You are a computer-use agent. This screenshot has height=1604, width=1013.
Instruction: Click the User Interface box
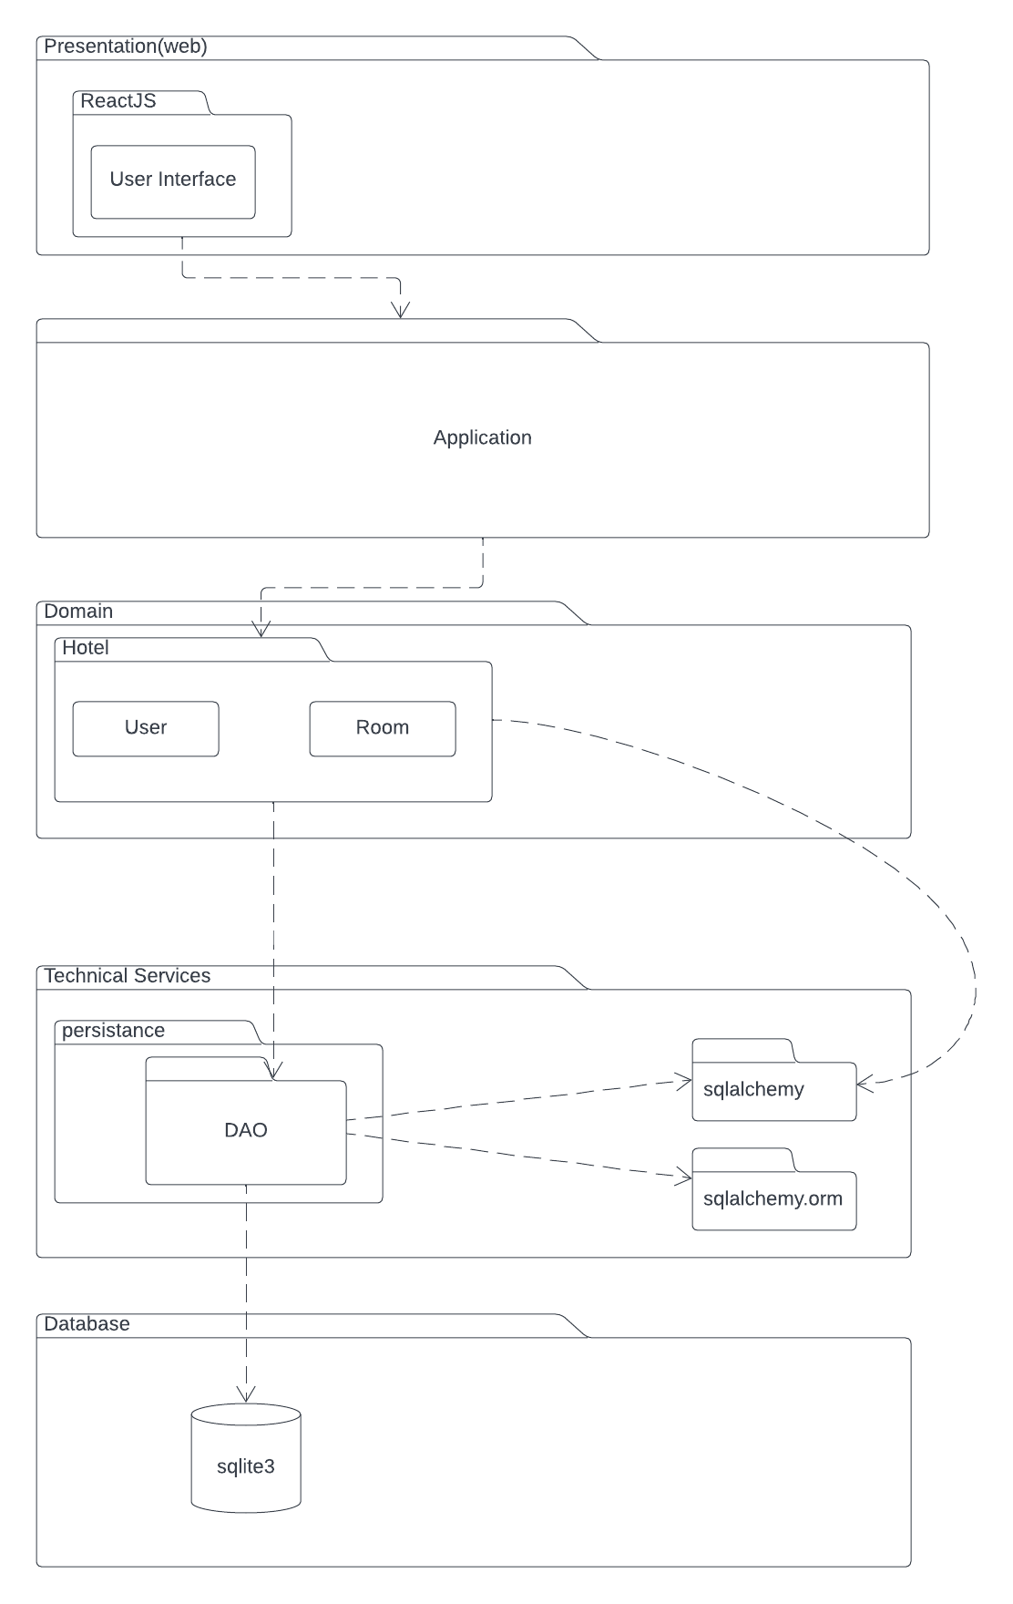click(x=173, y=180)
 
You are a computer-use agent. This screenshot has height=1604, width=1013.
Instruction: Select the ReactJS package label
click(x=118, y=101)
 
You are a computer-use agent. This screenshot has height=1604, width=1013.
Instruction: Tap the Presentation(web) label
click(x=125, y=46)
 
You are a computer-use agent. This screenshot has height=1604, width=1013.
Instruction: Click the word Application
click(x=482, y=437)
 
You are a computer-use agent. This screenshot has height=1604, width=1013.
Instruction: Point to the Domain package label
click(x=78, y=612)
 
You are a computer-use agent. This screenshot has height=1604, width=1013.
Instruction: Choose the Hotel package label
click(x=86, y=648)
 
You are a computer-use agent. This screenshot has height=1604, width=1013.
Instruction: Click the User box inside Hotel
click(x=146, y=728)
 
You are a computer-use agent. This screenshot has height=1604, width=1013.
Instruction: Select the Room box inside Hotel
click(x=383, y=728)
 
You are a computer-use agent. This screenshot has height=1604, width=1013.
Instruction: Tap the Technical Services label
click(x=127, y=976)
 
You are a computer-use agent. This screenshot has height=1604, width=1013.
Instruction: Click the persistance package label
click(x=113, y=1031)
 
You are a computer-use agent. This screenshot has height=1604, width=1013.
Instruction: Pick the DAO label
click(x=246, y=1131)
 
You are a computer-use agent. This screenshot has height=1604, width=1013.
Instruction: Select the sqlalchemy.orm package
click(x=773, y=1199)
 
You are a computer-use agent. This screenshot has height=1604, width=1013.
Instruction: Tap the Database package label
click(x=87, y=1324)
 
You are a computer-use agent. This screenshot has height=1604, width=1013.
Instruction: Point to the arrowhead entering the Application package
click(x=401, y=312)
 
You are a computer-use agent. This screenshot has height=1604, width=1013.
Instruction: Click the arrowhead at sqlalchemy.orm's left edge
click(x=685, y=1177)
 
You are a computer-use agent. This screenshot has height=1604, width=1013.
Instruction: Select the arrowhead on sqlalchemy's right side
click(x=864, y=1085)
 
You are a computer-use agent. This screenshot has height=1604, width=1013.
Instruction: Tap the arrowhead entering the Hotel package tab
click(x=261, y=631)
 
